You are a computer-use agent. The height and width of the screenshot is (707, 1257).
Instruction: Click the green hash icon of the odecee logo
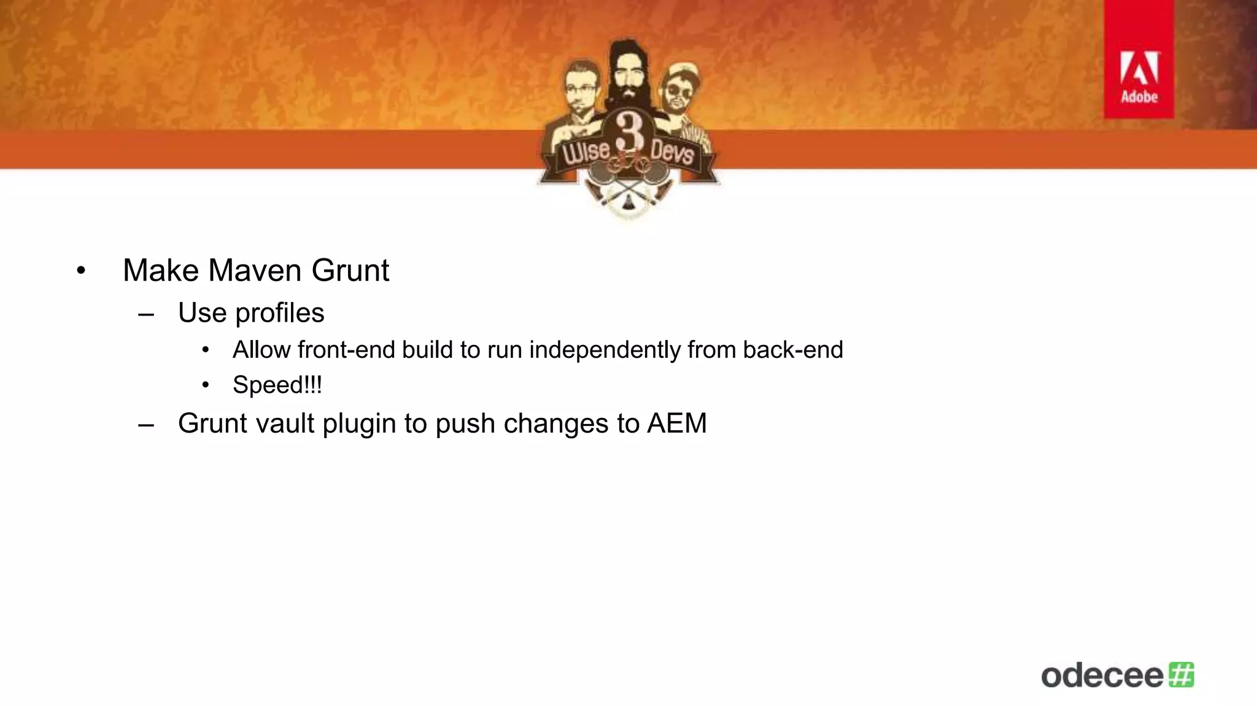1182,674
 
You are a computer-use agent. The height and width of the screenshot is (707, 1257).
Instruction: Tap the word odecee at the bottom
1102,676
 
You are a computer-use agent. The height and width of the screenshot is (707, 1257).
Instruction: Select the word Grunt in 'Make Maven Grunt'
350,271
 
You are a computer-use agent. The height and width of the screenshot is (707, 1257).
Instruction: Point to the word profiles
280,314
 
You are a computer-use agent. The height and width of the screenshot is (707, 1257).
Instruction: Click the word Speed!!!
277,385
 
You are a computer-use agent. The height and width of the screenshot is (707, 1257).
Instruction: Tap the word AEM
677,423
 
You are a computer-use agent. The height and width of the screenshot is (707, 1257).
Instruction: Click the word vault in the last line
285,423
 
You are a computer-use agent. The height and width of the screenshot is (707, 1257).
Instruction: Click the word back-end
793,350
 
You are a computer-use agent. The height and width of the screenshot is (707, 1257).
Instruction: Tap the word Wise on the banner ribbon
586,151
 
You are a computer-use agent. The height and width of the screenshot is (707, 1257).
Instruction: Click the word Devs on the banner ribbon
672,151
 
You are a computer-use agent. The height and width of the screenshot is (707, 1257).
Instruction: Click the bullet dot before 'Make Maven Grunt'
81,271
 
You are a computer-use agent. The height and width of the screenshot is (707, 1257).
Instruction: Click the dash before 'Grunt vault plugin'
146,424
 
